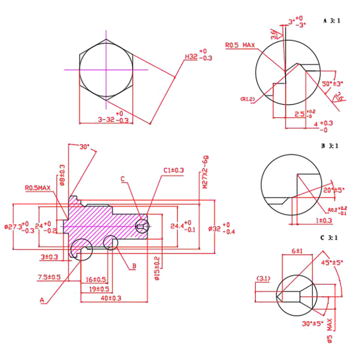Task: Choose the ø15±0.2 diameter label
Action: pos(157,268)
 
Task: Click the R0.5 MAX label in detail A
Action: pos(240,45)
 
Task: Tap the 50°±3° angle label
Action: pos(331,84)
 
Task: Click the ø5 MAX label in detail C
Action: pos(330,331)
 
